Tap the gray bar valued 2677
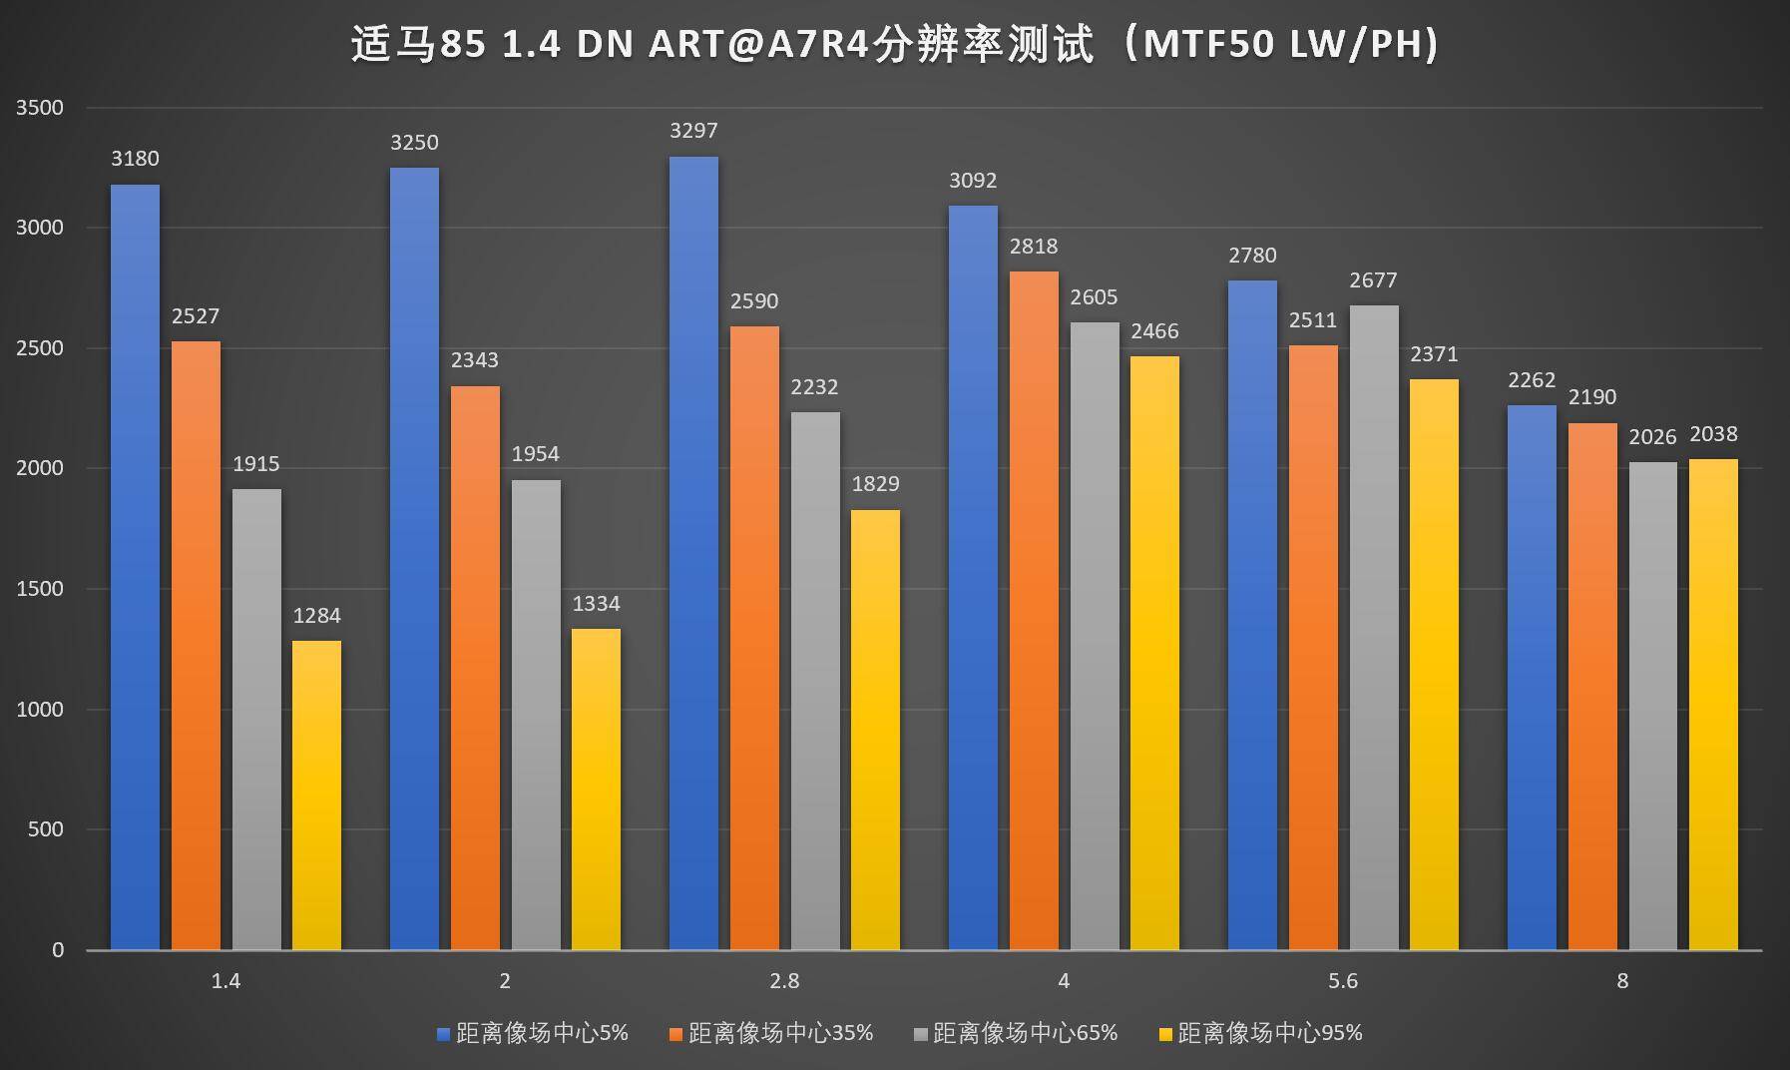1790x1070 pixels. pyautogui.click(x=1374, y=628)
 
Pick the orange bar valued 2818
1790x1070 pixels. pyautogui.click(x=1034, y=610)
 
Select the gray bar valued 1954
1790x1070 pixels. pyautogui.click(x=536, y=715)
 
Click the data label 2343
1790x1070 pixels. pyautogui.click(x=474, y=360)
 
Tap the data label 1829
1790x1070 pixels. pyautogui.click(x=875, y=484)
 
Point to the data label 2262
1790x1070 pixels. pyautogui.click(x=1532, y=380)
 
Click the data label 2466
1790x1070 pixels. pyautogui.click(x=1154, y=331)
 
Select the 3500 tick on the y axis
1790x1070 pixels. pyautogui.click(x=39, y=108)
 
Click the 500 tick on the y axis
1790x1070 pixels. pyautogui.click(x=45, y=829)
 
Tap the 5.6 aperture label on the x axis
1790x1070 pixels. pyautogui.click(x=1343, y=981)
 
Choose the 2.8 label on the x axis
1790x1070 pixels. pyautogui.click(x=784, y=981)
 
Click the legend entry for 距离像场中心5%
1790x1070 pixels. pyautogui.click(x=533, y=1033)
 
